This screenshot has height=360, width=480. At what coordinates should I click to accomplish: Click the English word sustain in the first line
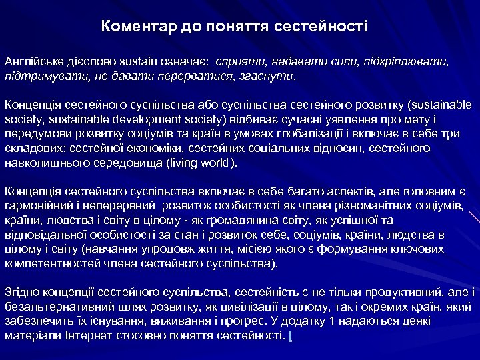(139, 62)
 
